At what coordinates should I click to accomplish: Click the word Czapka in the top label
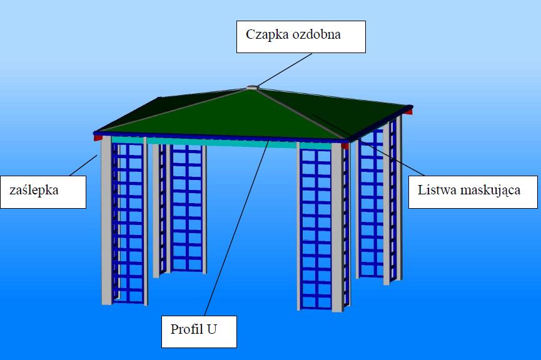[x=265, y=35]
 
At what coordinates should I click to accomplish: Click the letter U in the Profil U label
[x=212, y=328]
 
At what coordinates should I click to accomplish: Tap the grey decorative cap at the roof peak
[x=251, y=87]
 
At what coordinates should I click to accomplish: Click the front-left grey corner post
[x=106, y=219]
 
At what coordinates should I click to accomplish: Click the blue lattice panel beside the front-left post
[x=129, y=225]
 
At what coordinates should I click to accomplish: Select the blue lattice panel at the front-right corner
[x=316, y=225]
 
